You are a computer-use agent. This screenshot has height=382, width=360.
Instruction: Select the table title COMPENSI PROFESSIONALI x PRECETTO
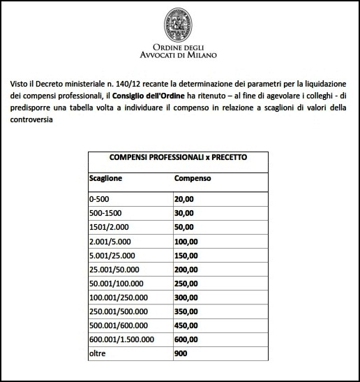pyautogui.click(x=179, y=158)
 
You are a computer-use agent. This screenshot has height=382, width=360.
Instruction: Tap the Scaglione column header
pyautogui.click(x=106, y=178)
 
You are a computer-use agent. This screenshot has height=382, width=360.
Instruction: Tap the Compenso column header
pyautogui.click(x=193, y=178)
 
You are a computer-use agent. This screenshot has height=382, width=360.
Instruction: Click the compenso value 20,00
pyautogui.click(x=185, y=200)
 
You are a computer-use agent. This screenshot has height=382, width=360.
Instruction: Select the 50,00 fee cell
pyautogui.click(x=185, y=228)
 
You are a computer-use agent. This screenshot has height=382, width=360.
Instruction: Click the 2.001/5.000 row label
pyautogui.click(x=110, y=242)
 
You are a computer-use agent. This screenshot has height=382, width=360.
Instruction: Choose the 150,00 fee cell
pyautogui.click(x=187, y=256)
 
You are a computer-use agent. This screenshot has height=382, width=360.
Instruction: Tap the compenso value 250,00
pyautogui.click(x=187, y=284)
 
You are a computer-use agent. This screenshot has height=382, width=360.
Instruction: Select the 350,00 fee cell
pyautogui.click(x=187, y=311)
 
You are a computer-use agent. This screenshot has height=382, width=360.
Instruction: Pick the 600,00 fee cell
pyautogui.click(x=187, y=339)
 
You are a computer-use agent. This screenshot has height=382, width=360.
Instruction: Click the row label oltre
pyautogui.click(x=98, y=353)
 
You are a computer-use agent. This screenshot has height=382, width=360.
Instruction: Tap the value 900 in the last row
pyautogui.click(x=181, y=353)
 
